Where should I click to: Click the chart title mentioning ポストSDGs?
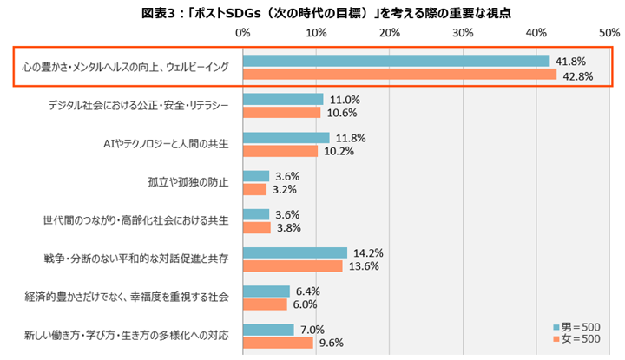(326, 13)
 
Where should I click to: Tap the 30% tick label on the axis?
(463, 33)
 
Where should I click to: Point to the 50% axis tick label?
(609, 33)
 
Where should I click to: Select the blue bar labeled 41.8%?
(396, 61)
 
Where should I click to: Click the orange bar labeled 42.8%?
(400, 74)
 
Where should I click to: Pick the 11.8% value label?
(351, 138)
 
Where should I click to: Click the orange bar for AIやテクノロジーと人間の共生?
(280, 151)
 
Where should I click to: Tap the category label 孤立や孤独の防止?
(188, 182)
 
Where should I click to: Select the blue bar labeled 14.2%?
(295, 253)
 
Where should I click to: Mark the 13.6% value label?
(364, 266)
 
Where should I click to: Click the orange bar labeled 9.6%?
(279, 343)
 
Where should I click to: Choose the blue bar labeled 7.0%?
(268, 330)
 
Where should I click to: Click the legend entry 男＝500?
(576, 327)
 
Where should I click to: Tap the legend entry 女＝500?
(576, 339)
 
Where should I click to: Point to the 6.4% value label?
(307, 291)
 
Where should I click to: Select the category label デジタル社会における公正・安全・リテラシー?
(139, 106)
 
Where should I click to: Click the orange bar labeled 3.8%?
(257, 228)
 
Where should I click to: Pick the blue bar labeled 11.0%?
(283, 99)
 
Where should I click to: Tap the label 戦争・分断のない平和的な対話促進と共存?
(136, 259)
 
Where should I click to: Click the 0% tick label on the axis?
(243, 33)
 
